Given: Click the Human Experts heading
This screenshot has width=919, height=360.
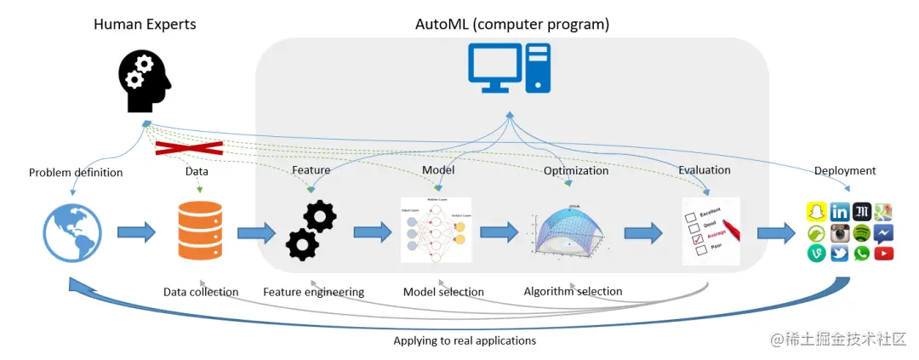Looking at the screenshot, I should pyautogui.click(x=145, y=24).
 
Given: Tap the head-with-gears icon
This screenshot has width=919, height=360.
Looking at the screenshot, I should pyautogui.click(x=144, y=82).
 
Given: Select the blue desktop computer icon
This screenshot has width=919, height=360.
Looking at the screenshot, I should pyautogui.click(x=509, y=68).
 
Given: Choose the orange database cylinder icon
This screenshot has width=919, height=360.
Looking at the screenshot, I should pyautogui.click(x=201, y=231).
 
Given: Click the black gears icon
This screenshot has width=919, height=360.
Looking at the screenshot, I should pyautogui.click(x=311, y=231).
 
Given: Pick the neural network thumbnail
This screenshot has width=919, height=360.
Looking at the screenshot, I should pyautogui.click(x=437, y=230).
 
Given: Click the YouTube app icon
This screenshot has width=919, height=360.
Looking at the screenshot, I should pyautogui.click(x=883, y=253).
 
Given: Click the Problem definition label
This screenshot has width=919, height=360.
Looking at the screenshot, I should pyautogui.click(x=76, y=173).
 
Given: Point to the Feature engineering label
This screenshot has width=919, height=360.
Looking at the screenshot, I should pyautogui.click(x=313, y=292).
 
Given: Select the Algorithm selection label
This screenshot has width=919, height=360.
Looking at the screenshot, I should pyautogui.click(x=573, y=291).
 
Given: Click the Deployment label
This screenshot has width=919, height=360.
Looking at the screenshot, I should pyautogui.click(x=845, y=170).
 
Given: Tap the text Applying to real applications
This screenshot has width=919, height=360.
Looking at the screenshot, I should pyautogui.click(x=465, y=340).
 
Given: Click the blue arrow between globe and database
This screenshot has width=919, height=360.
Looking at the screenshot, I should pyautogui.click(x=135, y=232).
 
